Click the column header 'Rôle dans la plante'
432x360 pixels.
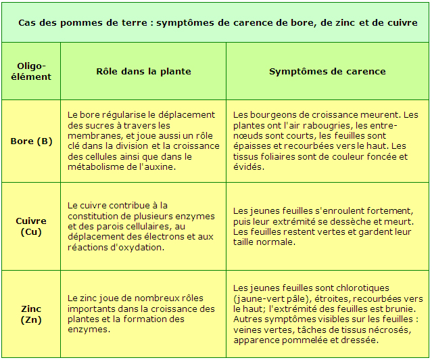coord(143,71)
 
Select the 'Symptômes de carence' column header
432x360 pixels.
coord(327,71)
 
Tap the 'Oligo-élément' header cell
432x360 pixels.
coord(31,71)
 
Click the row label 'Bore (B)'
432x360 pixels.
coord(31,141)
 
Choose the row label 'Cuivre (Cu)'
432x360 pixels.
coord(31,226)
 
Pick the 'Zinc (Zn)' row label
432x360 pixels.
coord(31,314)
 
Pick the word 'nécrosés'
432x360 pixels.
coord(389,330)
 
